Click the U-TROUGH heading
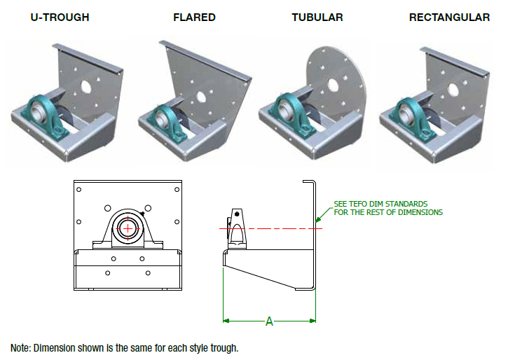(x=60, y=17)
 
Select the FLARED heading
(x=194, y=17)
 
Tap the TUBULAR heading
(x=317, y=17)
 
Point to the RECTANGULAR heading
(x=450, y=17)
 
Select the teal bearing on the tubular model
(x=284, y=111)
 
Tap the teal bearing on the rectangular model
(x=404, y=111)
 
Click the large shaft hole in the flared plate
(x=202, y=98)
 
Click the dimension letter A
(x=269, y=322)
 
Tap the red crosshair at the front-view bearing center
(x=128, y=228)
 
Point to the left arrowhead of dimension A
(x=226, y=322)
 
